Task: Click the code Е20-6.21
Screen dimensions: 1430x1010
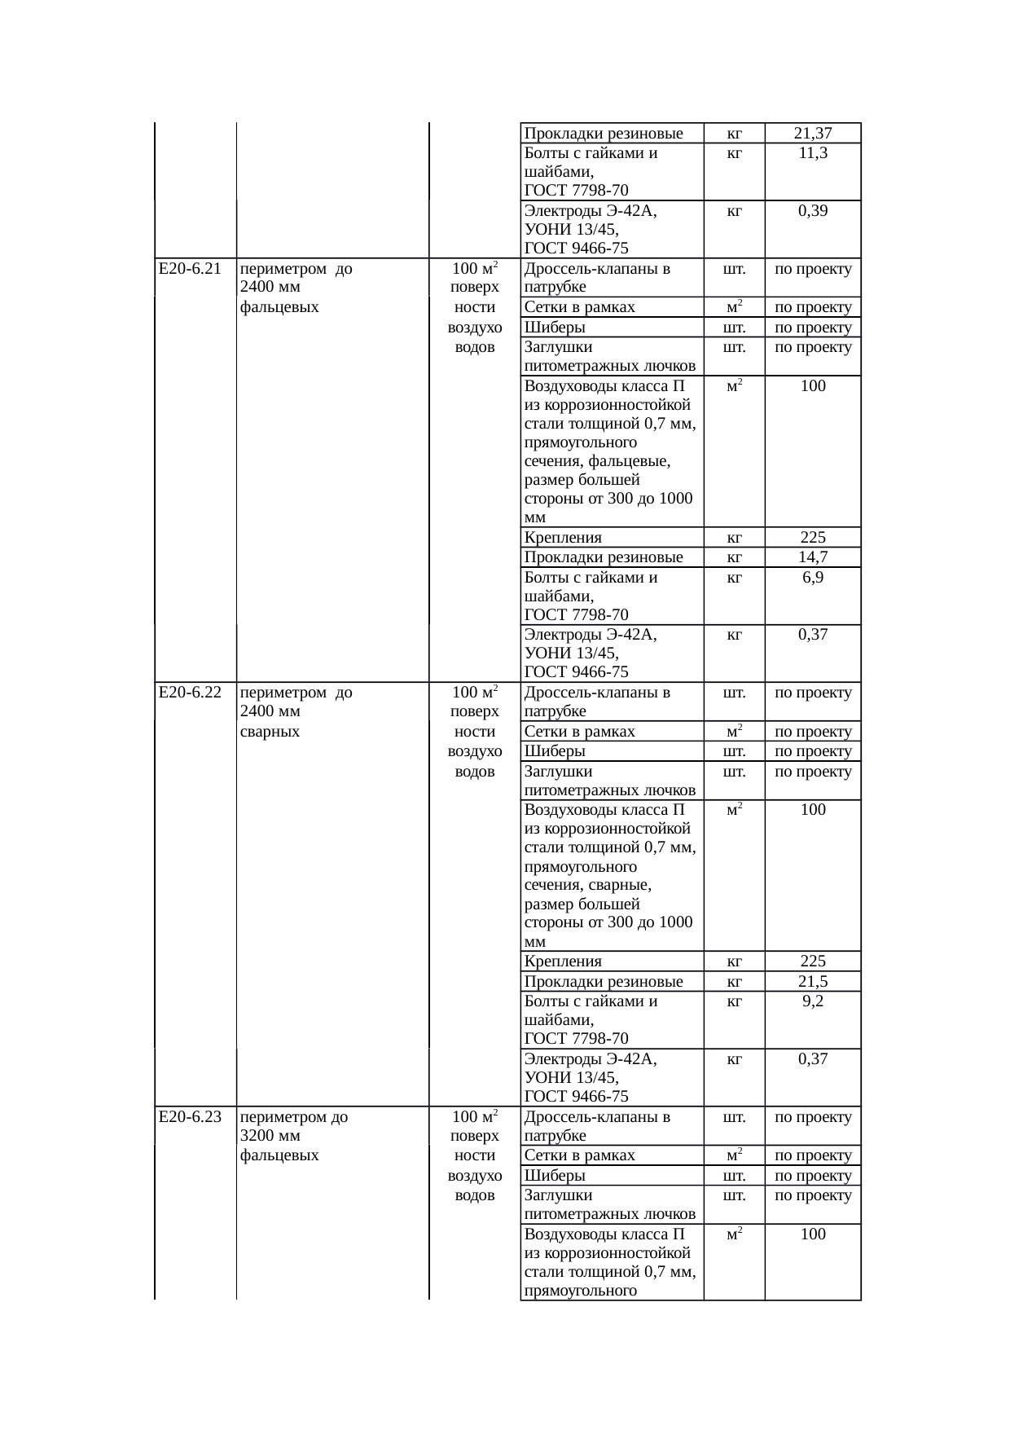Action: [x=190, y=269]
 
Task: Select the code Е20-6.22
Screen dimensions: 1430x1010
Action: [x=190, y=693]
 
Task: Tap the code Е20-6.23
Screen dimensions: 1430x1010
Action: [x=190, y=1116]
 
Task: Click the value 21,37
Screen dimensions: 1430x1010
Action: [x=813, y=134]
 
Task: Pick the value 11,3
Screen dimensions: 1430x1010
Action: [x=813, y=153]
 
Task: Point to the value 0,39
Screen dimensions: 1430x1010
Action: [x=813, y=211]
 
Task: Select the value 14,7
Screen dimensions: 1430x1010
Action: [x=813, y=557]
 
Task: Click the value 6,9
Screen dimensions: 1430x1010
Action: [x=813, y=578]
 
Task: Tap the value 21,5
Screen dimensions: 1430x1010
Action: [x=813, y=981]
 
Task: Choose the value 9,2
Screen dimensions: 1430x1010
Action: [x=813, y=1001]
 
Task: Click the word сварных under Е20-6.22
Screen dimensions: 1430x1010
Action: [x=270, y=732]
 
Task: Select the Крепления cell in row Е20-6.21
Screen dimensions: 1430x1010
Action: [x=564, y=538]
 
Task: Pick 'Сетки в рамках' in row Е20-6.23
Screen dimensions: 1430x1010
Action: [x=580, y=1155]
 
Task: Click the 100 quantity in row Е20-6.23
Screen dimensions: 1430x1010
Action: [x=813, y=1234]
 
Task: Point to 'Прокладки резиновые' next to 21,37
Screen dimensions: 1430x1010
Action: [x=604, y=134]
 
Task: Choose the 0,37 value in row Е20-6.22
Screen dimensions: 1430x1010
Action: [x=813, y=1059]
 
